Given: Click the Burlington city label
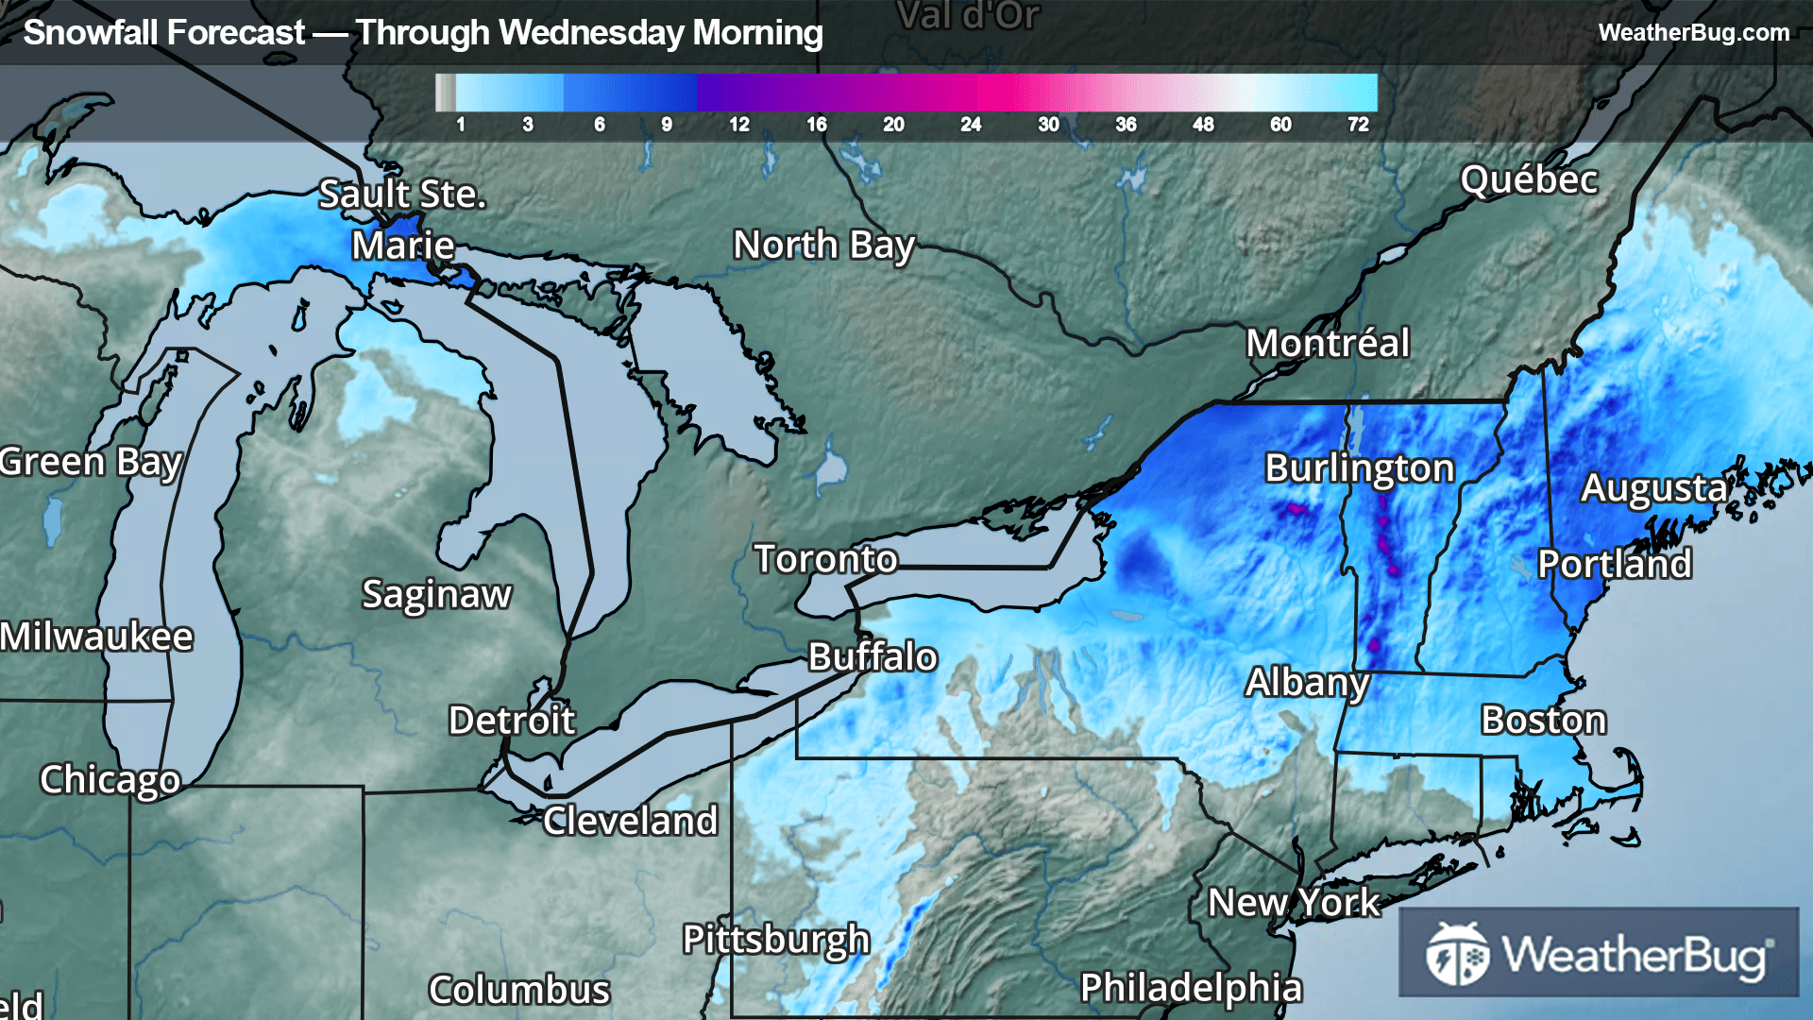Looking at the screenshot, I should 1359,468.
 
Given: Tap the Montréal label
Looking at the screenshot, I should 1327,343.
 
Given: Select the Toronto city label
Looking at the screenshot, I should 825,559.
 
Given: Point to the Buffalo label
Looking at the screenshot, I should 873,657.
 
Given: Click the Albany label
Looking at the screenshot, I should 1306,683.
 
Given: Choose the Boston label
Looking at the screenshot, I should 1543,721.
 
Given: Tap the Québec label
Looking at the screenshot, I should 1529,179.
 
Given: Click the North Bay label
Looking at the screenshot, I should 823,246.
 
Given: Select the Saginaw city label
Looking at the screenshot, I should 436,595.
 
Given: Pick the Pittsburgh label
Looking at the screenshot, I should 775,940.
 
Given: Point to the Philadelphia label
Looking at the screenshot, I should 1191,988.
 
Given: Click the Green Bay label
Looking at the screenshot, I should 91,463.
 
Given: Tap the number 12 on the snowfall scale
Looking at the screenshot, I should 738,125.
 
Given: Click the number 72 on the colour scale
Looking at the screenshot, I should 1358,125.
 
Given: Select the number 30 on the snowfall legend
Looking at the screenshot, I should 1048,125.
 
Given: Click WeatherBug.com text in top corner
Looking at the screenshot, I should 1693,33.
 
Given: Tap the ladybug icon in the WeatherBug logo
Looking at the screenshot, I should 1457,954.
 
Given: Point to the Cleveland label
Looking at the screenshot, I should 630,822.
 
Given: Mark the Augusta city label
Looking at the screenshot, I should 1653,488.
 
